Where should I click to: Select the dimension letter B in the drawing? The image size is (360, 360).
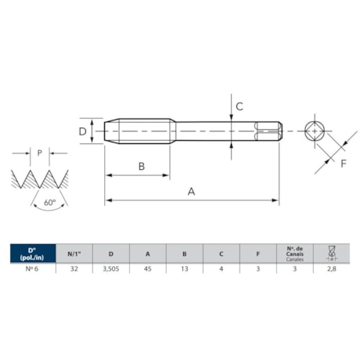(141, 165)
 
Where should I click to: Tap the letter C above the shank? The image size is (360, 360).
(240, 106)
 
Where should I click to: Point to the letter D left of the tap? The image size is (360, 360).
(83, 131)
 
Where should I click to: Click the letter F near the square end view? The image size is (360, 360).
(343, 163)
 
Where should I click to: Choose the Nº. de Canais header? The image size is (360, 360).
(294, 254)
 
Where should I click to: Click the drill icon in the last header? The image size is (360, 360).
(330, 254)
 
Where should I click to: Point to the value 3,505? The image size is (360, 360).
(110, 268)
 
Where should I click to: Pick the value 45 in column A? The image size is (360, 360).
(147, 268)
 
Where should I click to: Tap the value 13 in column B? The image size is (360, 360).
(184, 268)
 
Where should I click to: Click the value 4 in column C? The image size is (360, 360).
(221, 268)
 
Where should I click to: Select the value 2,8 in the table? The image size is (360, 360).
(330, 268)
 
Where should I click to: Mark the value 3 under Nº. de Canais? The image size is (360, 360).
(294, 268)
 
